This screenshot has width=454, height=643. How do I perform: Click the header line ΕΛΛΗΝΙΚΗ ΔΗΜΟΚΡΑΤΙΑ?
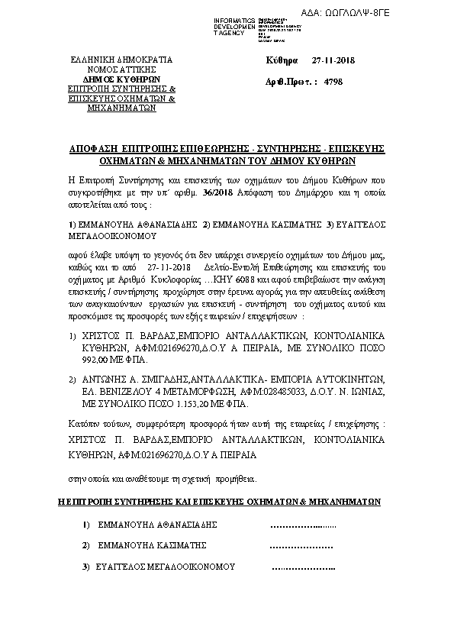[x=122, y=60]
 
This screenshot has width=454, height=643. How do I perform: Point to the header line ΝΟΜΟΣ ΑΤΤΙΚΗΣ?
[x=122, y=69]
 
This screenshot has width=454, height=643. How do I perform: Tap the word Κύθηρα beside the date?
[x=282, y=60]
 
